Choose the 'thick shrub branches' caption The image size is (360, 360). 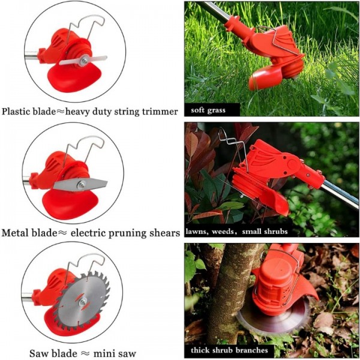tap(229, 350)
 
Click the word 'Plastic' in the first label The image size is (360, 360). tap(19, 112)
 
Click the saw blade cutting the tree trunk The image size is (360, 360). tap(270, 318)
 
